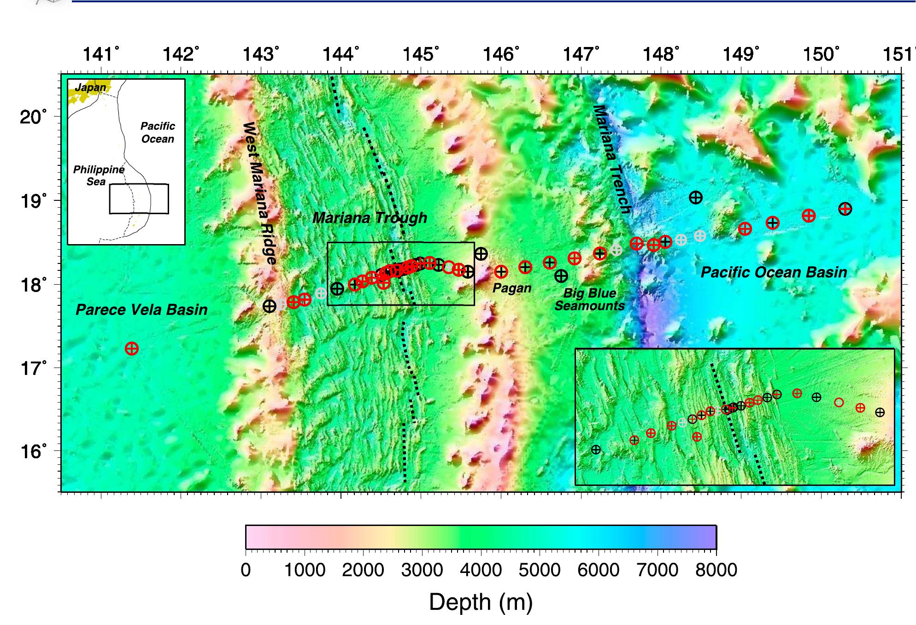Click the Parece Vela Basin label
[141, 310]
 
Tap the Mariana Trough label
[370, 218]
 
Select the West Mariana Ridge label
[260, 193]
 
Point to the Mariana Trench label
[611, 159]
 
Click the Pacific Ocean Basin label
[774, 272]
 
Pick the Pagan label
[511, 288]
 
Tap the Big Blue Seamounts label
[589, 299]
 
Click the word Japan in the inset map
[90, 87]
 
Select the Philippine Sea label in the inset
[98, 175]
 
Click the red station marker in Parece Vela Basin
[132, 349]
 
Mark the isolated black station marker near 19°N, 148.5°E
[696, 198]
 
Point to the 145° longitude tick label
[420, 54]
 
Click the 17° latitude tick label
[33, 368]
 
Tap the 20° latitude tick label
[33, 117]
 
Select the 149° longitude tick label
[740, 54]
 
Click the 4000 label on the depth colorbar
[481, 570]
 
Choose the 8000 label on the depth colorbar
[716, 570]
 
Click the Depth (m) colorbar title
[481, 602]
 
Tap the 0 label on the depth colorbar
[246, 570]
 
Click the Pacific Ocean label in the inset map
[158, 133]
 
